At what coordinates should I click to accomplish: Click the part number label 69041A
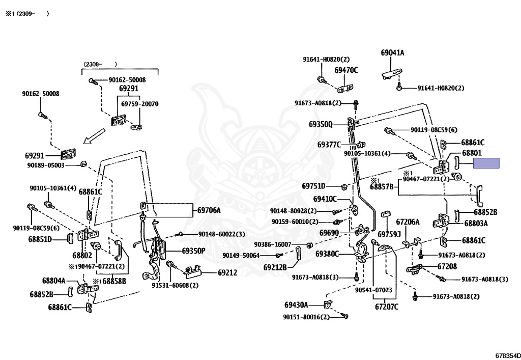(x=392, y=52)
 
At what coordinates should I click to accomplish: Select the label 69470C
(x=346, y=70)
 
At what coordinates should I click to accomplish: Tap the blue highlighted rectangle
(x=486, y=163)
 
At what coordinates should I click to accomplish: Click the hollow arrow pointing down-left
(x=95, y=136)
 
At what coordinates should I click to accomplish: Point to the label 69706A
(x=209, y=210)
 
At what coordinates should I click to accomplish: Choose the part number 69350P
(x=193, y=251)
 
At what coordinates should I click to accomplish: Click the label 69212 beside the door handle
(x=227, y=273)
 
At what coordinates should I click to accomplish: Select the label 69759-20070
(x=139, y=104)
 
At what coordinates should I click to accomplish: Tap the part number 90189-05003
(x=46, y=165)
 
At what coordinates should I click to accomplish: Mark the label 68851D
(x=40, y=239)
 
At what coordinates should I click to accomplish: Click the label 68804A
(x=53, y=280)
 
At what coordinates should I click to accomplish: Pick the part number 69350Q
(x=320, y=124)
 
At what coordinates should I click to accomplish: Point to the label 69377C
(x=329, y=145)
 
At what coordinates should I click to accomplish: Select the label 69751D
(x=313, y=186)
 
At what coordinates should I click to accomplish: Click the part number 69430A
(x=296, y=305)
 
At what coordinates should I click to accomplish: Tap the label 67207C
(x=387, y=307)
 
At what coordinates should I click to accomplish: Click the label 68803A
(x=475, y=223)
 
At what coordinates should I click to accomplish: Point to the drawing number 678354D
(x=507, y=355)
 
